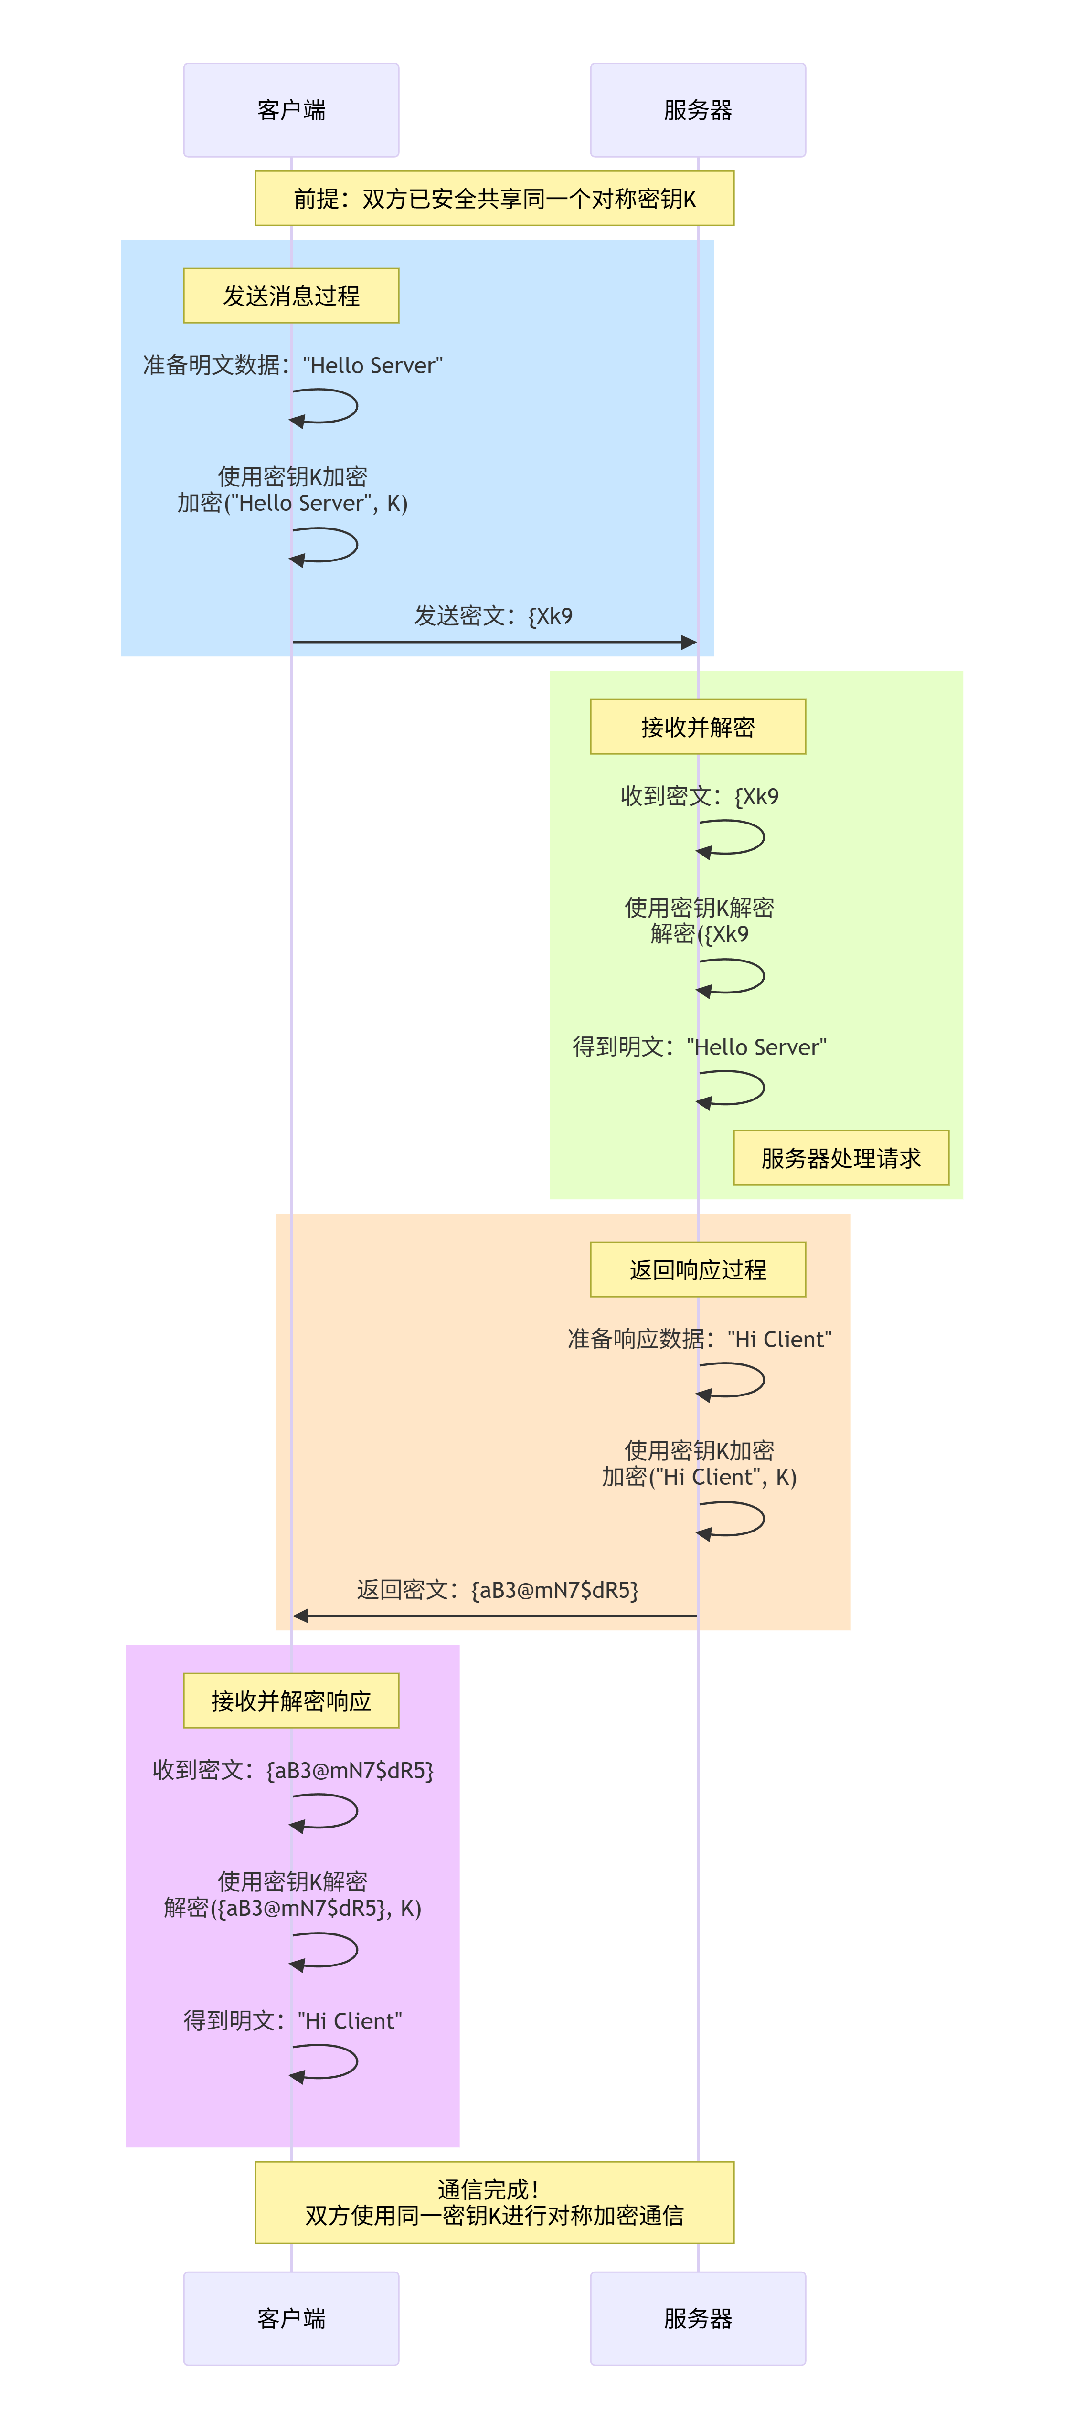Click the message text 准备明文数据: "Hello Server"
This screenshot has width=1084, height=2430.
click(x=292, y=365)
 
